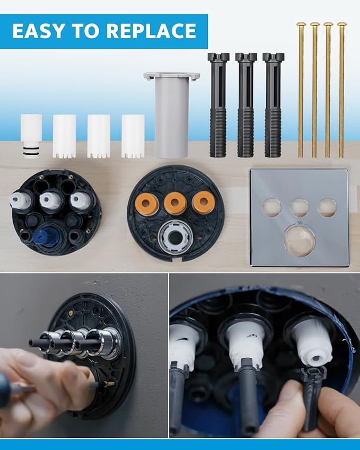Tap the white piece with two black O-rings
tap(31, 135)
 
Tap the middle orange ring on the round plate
tap(174, 203)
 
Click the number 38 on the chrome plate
tap(300, 223)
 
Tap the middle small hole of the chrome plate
tap(300, 207)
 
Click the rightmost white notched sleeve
tap(133, 136)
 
